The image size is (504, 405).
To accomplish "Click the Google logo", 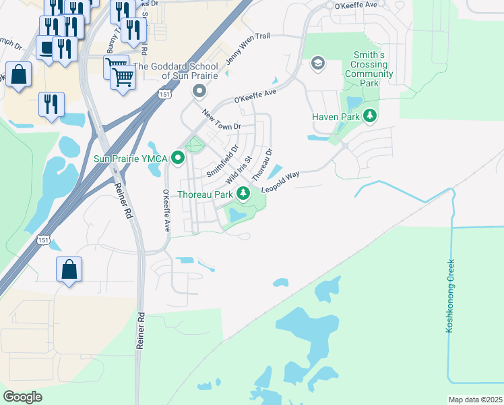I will click(23, 397).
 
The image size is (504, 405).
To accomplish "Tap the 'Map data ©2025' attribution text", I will click(475, 400).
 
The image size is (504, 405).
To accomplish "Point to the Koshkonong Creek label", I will click(450, 296).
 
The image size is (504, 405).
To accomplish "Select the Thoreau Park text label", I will click(205, 194).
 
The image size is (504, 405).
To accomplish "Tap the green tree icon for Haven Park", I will click(369, 116).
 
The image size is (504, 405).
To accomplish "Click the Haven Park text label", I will click(336, 116).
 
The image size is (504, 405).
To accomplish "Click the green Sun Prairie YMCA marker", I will click(179, 158).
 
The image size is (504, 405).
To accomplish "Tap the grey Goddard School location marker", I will click(199, 90).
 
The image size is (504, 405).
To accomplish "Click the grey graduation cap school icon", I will click(317, 63).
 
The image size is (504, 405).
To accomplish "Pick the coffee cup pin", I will click(46, 49).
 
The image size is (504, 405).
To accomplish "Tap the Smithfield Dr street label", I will click(222, 161).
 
